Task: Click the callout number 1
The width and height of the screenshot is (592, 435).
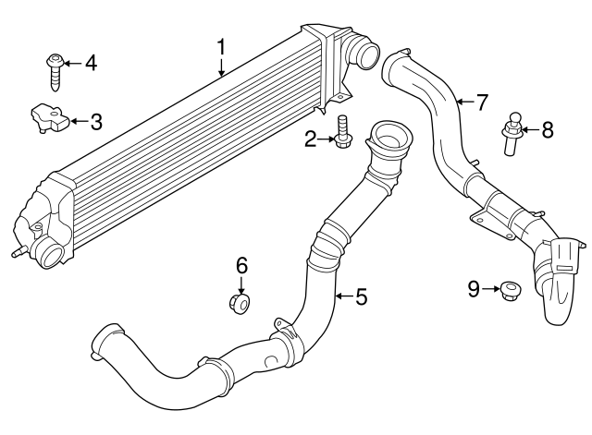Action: (222, 45)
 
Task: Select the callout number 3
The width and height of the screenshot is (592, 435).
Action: (96, 121)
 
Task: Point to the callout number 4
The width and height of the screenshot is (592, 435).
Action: (90, 64)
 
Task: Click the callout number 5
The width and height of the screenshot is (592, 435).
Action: (361, 296)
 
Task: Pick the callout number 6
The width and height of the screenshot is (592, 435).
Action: (241, 266)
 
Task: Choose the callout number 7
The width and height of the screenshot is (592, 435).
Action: (480, 102)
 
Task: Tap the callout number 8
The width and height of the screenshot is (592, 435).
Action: (547, 130)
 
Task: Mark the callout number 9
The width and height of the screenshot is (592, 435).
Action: (474, 290)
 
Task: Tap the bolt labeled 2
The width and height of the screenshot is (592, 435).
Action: (344, 133)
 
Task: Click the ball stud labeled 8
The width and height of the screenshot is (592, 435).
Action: (511, 130)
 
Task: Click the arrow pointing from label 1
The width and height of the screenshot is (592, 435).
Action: (222, 65)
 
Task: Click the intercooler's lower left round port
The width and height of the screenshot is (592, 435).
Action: (49, 251)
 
